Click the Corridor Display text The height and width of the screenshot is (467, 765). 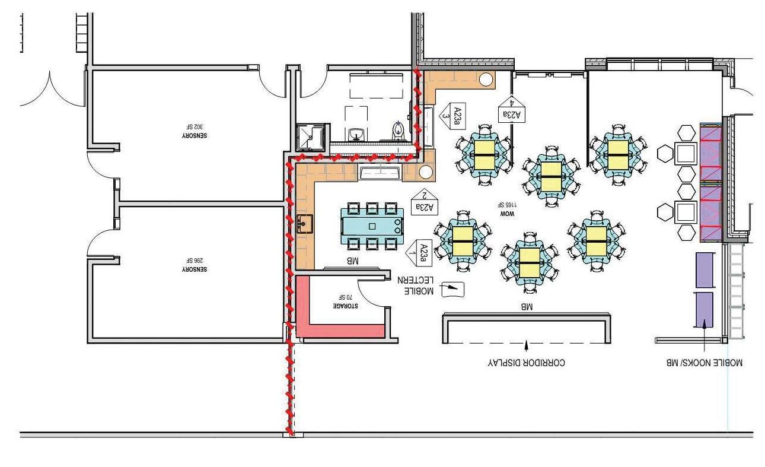(527, 361)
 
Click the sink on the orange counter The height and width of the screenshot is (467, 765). (305, 224)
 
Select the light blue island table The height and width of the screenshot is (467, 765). (372, 225)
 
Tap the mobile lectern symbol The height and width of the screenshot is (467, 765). (454, 288)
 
